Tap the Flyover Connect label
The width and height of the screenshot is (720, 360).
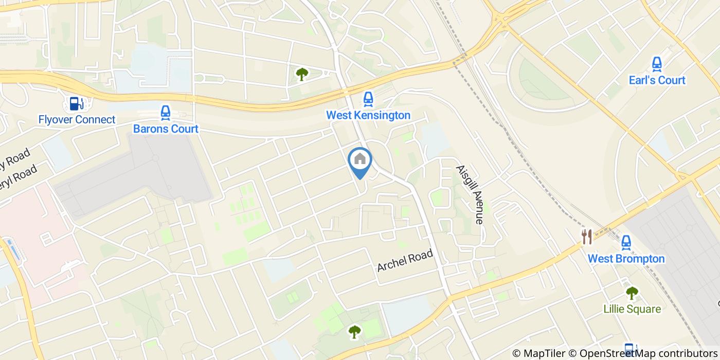77,120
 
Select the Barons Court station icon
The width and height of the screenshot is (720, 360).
165,113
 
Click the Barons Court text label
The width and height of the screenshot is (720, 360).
166,129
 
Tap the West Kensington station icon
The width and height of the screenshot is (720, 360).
368,99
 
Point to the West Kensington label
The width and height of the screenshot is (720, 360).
368,115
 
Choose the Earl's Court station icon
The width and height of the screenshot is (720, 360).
657,64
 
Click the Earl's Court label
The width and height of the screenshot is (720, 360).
657,80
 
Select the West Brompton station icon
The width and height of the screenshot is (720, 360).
626,242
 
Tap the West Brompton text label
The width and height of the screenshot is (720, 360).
626,258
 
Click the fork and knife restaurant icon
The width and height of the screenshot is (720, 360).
587,237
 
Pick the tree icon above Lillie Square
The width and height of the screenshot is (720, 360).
632,293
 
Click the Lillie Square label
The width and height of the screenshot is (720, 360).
632,309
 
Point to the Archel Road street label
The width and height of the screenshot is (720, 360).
405,261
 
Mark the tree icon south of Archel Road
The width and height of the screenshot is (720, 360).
354,332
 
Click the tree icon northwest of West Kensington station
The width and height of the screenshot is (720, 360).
301,75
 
